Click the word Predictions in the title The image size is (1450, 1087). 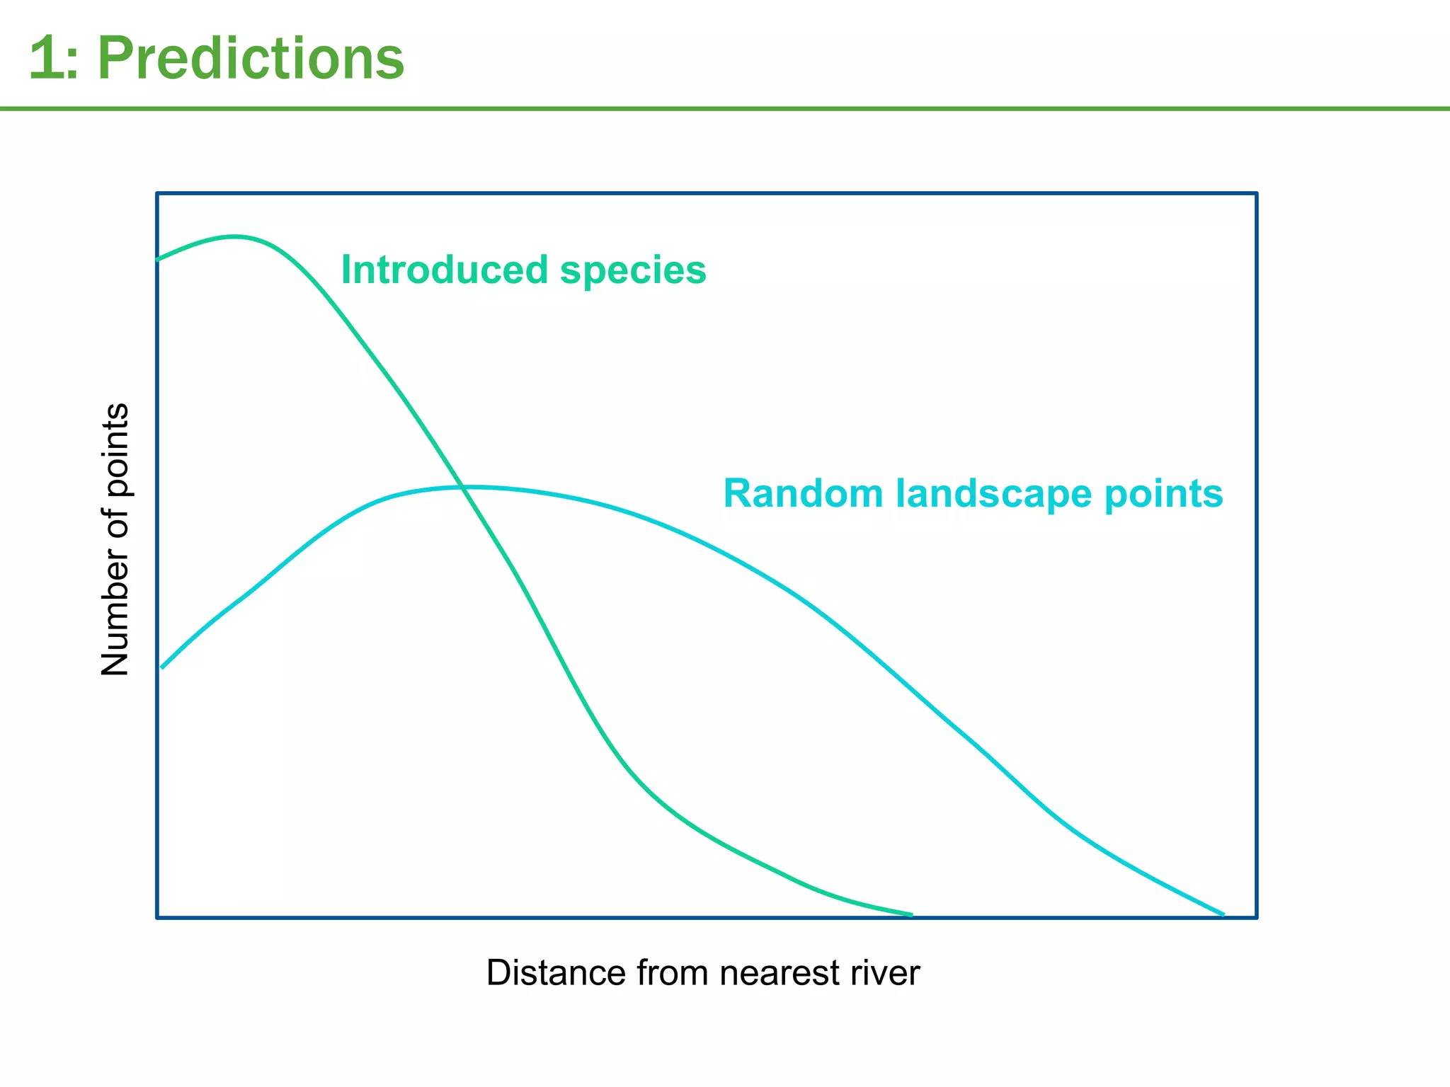click(x=250, y=59)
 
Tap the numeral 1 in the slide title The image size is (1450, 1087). click(x=44, y=59)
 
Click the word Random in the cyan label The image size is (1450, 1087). click(x=802, y=493)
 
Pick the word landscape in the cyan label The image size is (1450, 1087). click(x=993, y=495)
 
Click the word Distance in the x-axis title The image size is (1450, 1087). click(x=556, y=972)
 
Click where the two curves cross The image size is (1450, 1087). click(x=463, y=487)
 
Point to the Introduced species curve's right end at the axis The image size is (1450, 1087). click(x=911, y=915)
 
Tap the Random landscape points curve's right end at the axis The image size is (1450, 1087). click(x=1223, y=915)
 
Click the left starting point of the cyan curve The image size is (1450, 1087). click(x=162, y=667)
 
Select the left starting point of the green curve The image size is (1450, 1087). click(x=157, y=260)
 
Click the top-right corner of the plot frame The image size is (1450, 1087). click(x=1257, y=192)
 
